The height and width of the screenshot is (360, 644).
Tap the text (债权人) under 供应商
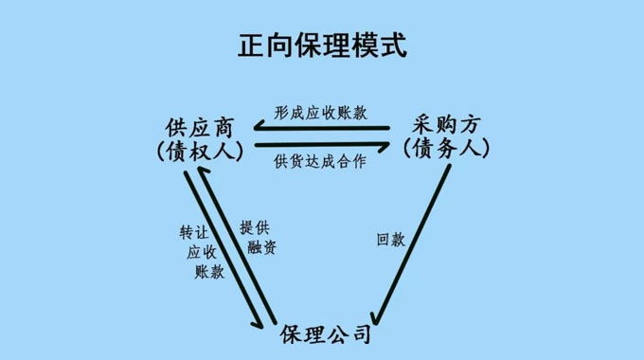[199, 150]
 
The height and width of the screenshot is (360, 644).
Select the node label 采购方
[447, 125]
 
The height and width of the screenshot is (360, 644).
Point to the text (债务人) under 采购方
[445, 149]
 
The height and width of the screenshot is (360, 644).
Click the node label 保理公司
[326, 335]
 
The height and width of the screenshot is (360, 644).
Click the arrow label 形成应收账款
[320, 112]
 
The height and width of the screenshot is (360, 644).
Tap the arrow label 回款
[390, 239]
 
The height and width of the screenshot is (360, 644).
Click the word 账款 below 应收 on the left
[209, 272]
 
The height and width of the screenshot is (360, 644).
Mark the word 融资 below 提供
[261, 248]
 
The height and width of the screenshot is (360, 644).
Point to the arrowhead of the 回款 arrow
[376, 318]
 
